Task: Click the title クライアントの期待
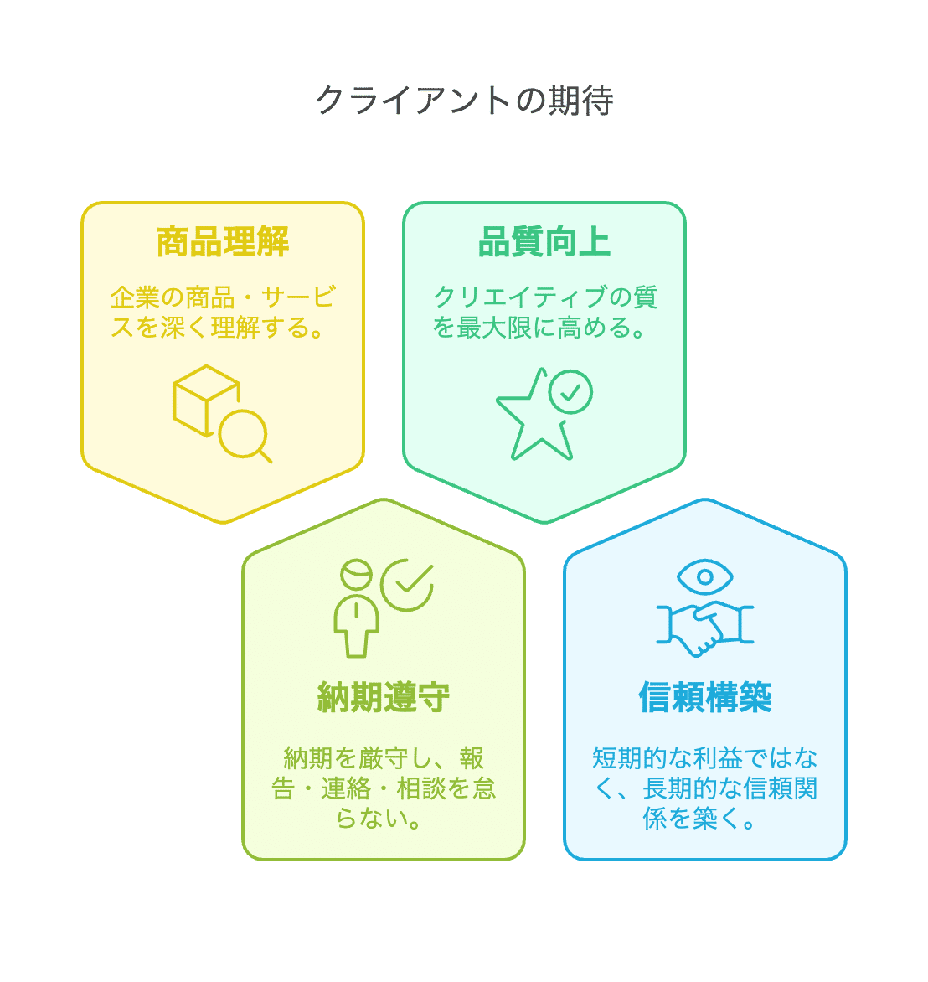pos(464,101)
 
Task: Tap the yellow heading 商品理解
pos(223,242)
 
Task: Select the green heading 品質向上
pos(544,242)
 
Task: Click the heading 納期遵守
pos(384,697)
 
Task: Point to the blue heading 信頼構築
pos(705,697)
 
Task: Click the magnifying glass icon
pos(245,437)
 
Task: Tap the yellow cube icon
pos(205,400)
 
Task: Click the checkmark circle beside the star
pos(570,391)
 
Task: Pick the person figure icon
pos(356,608)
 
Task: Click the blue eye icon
pos(705,576)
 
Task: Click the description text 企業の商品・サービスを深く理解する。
pos(223,312)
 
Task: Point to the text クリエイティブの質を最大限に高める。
pos(544,312)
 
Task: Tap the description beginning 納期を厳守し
pos(384,788)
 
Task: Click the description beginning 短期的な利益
pos(705,788)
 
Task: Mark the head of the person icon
pos(356,576)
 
